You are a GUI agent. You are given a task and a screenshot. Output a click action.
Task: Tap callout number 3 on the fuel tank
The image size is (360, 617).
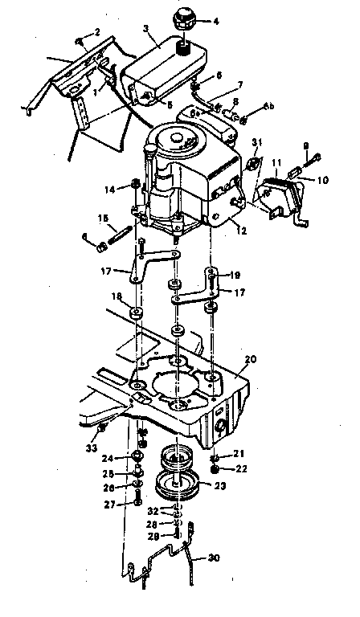pyautogui.click(x=145, y=29)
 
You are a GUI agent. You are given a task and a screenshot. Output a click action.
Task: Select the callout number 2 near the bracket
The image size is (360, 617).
pyautogui.click(x=98, y=32)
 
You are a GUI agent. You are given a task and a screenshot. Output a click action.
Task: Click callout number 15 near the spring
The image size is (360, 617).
pyautogui.click(x=103, y=218)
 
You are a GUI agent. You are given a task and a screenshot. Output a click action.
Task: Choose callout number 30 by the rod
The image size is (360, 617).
pyautogui.click(x=214, y=558)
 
